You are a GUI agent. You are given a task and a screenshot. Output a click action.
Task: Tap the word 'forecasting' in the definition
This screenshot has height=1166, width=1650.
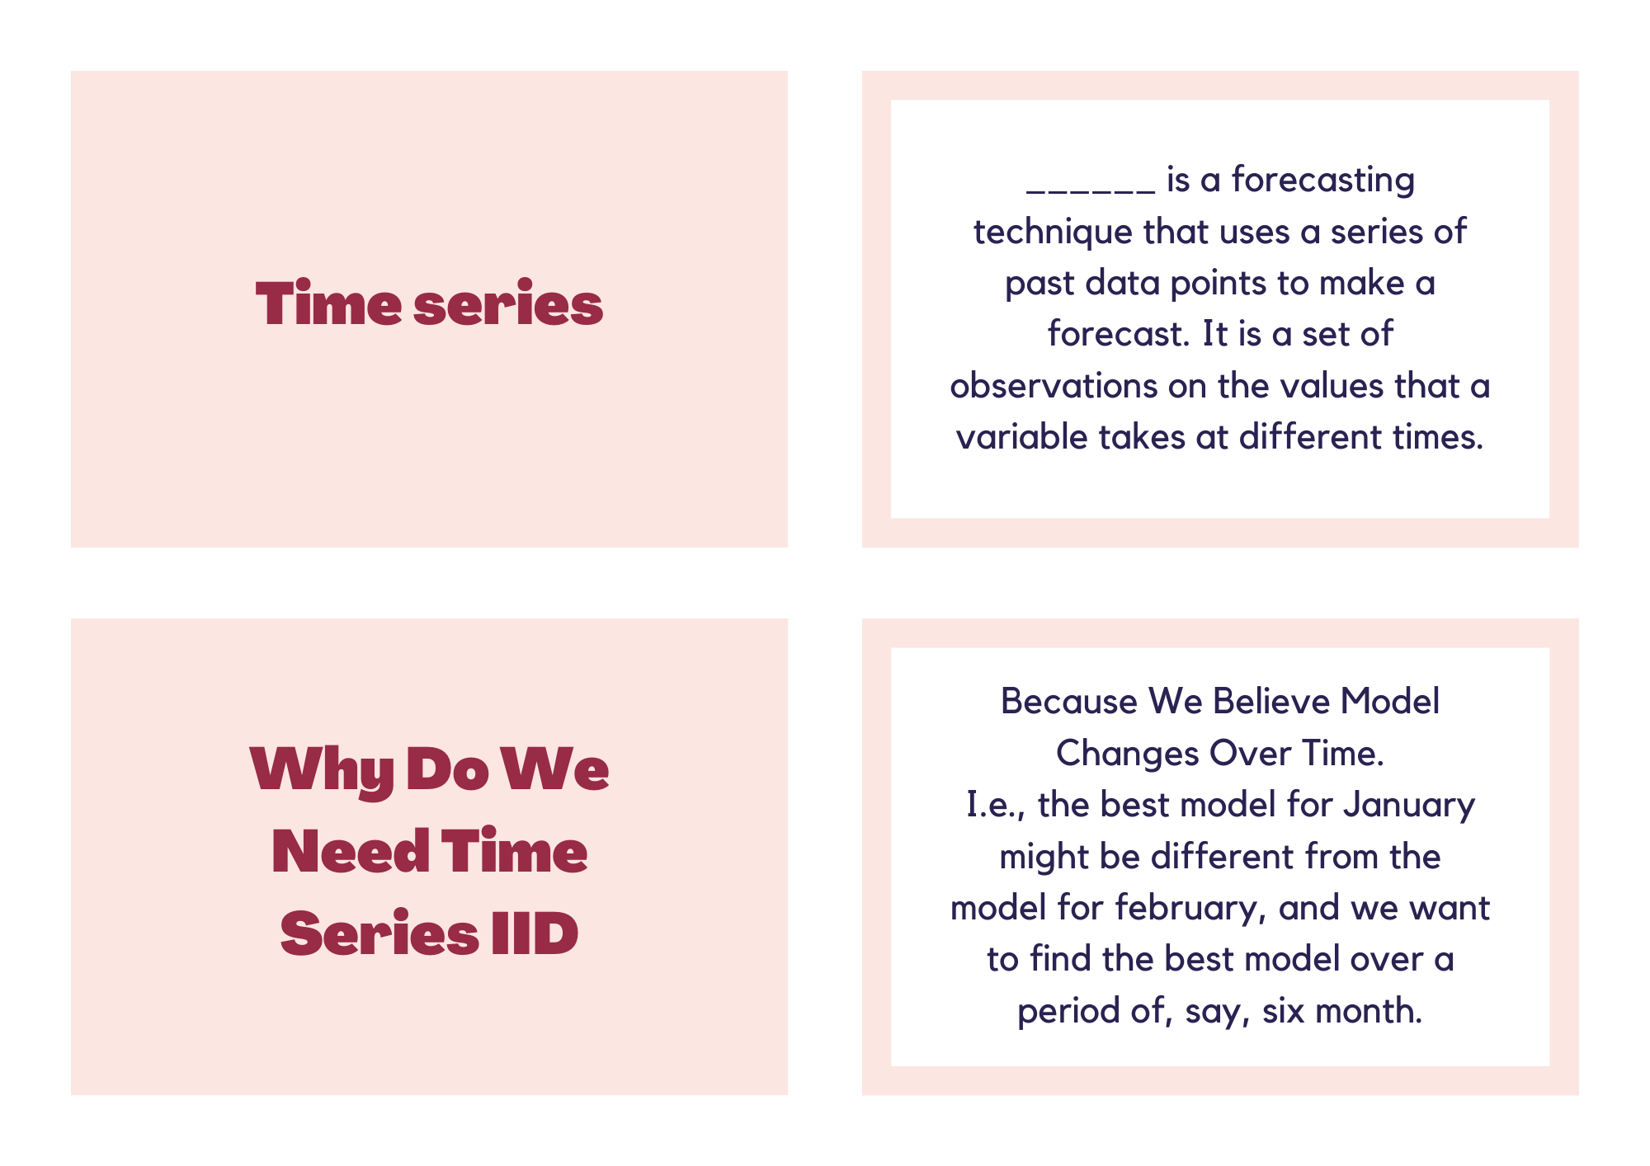(x=1323, y=181)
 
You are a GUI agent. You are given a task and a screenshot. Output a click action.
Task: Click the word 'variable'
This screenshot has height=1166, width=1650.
(x=1022, y=437)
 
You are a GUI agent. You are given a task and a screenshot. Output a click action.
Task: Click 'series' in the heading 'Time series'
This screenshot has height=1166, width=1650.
(x=508, y=303)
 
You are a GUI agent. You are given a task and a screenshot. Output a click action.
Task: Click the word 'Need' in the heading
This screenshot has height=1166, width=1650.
(x=351, y=851)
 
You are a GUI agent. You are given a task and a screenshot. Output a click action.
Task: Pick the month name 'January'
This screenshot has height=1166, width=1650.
(x=1409, y=806)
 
